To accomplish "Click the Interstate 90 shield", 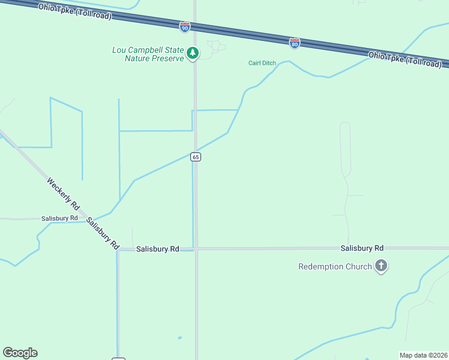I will [x=184, y=27].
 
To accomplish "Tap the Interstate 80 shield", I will [x=294, y=43].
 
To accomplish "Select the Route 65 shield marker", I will [x=196, y=157].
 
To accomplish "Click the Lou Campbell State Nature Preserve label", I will [x=148, y=54].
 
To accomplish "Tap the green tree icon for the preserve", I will [x=192, y=53].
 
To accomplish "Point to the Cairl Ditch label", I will [x=262, y=63].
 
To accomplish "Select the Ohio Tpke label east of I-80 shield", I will [x=405, y=59].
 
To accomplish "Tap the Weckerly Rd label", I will [x=63, y=192].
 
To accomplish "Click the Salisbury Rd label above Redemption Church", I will [x=361, y=248].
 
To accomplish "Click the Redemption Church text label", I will [x=335, y=266].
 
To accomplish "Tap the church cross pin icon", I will [x=381, y=266].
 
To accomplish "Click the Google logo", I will [x=20, y=353].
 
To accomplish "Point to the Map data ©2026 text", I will [x=424, y=355].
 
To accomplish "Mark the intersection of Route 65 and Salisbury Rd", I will [x=196, y=248].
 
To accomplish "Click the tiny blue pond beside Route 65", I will [x=179, y=338].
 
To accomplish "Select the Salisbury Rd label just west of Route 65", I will [x=157, y=248].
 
